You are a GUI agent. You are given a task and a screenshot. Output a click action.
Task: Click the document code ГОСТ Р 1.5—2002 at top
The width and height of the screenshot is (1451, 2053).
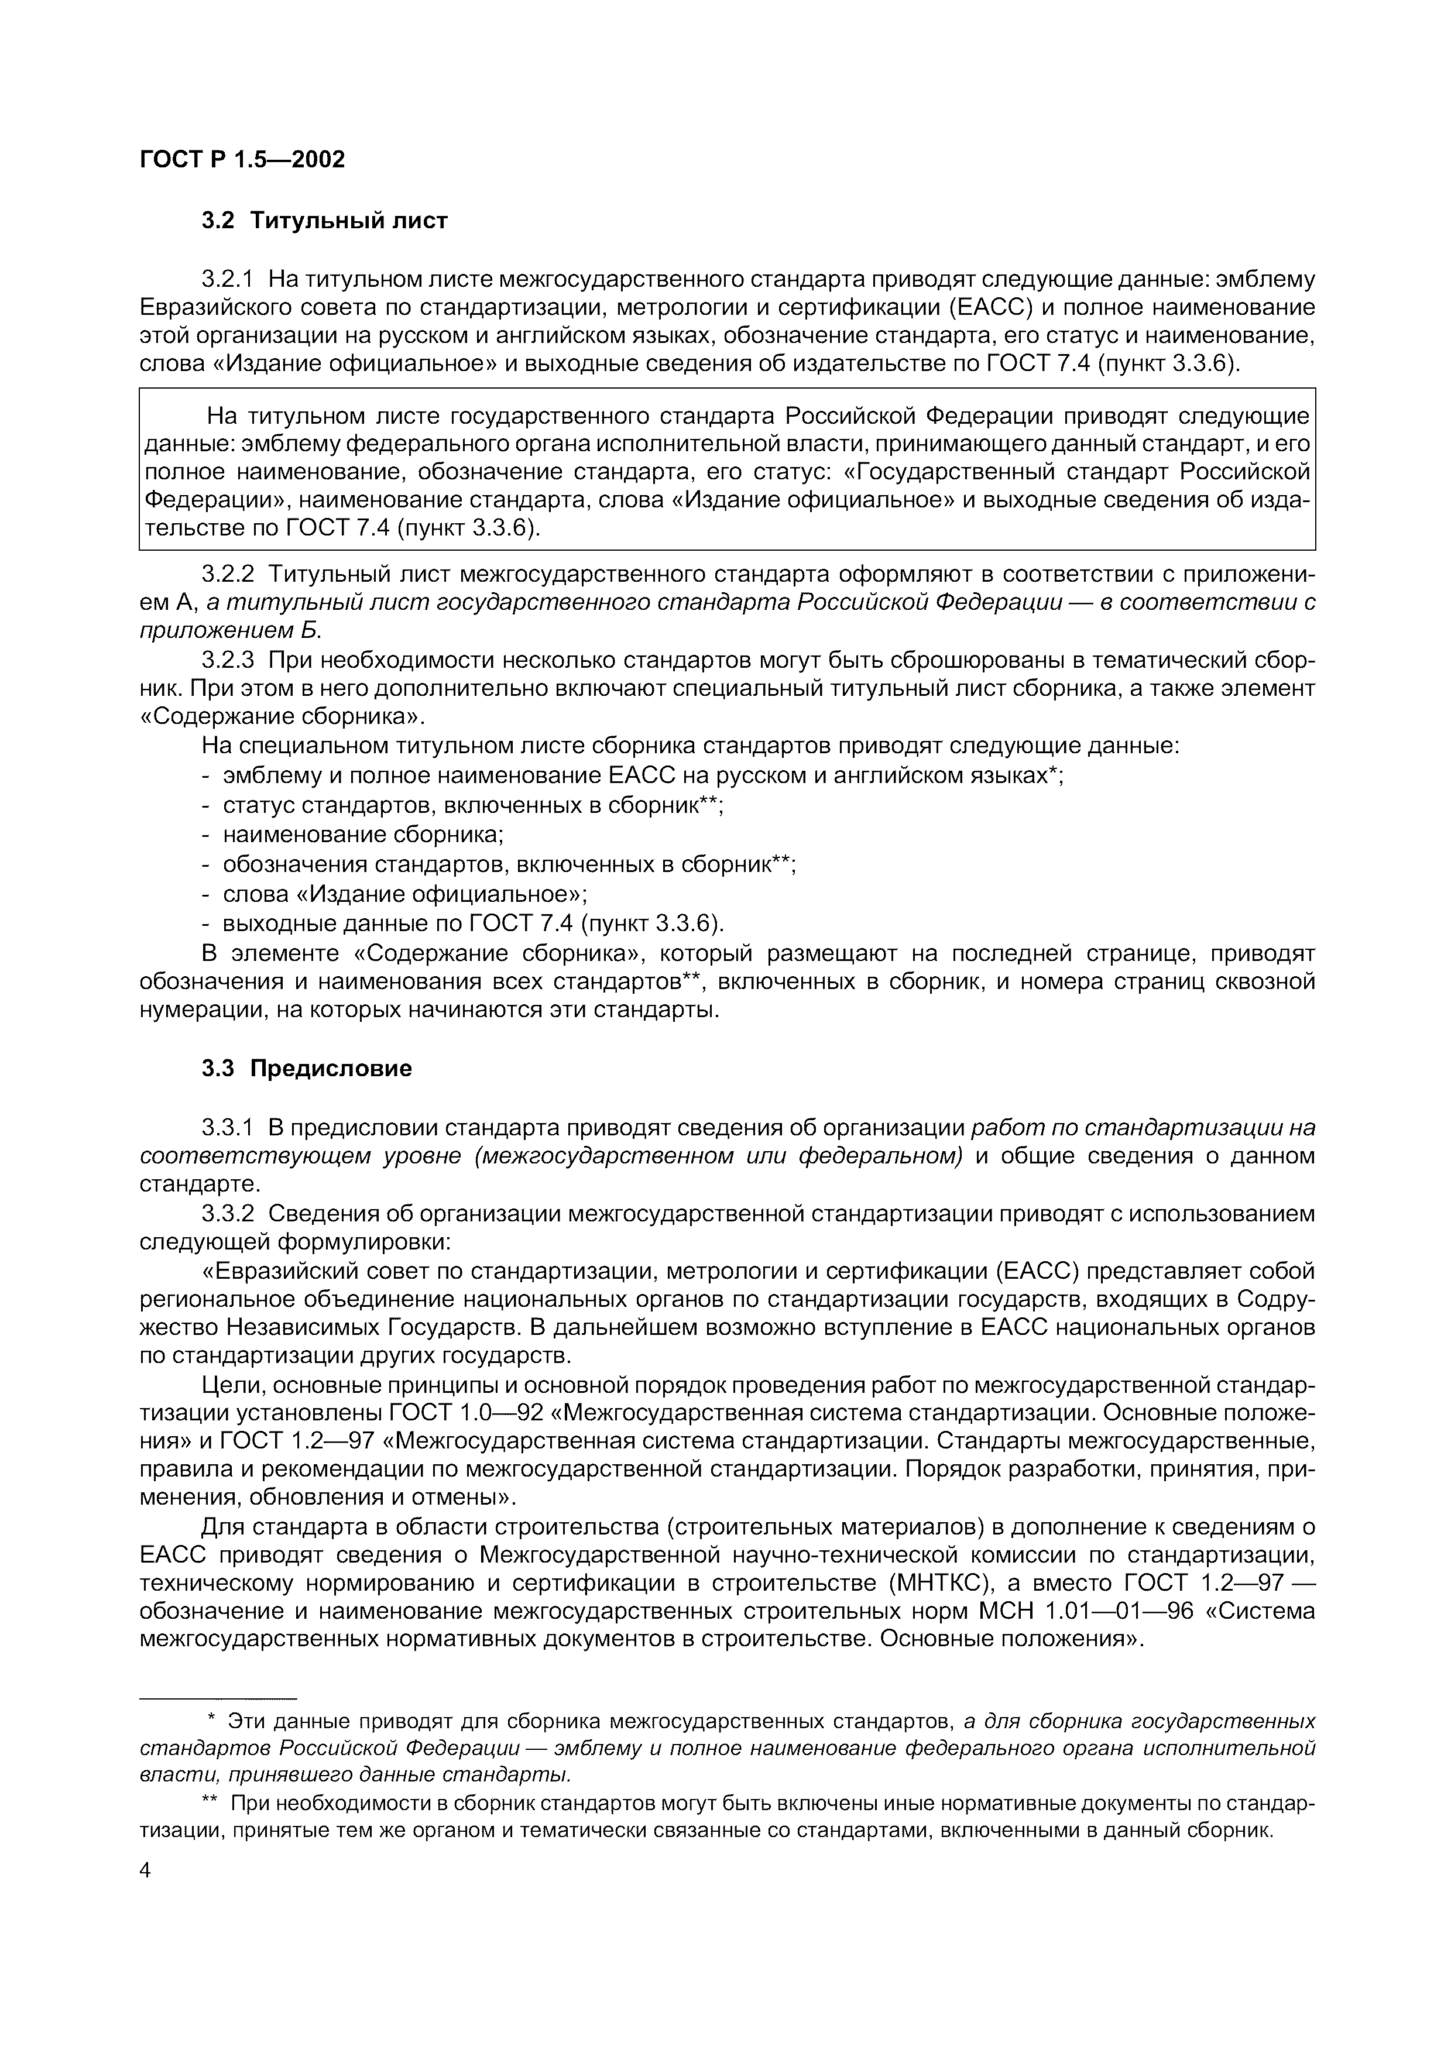tap(241, 159)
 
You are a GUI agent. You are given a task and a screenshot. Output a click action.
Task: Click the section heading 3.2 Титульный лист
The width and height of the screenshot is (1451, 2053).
tap(324, 220)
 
